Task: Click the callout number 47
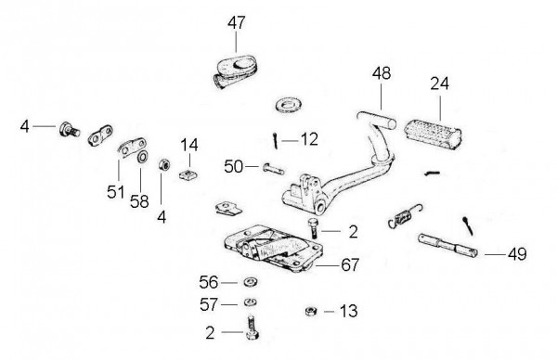pos(237,23)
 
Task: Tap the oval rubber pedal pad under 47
pos(235,71)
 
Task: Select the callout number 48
pos(382,73)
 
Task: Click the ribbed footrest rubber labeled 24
pos(433,134)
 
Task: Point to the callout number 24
pos(440,84)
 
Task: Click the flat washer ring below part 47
pos(288,106)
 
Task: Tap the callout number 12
pos(309,139)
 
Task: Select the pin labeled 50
pos(274,169)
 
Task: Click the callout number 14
pos(189,145)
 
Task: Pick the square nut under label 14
pos(188,174)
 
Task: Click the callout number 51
pos(116,192)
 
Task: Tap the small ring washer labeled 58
pos(142,157)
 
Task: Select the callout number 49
pos(517,254)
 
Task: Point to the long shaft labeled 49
pos(448,245)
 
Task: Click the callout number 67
pos(350,264)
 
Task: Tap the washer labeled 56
pos(251,282)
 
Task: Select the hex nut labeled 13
pos(312,312)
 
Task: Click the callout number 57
pos(209,304)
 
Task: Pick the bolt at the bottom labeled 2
pos(252,328)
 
